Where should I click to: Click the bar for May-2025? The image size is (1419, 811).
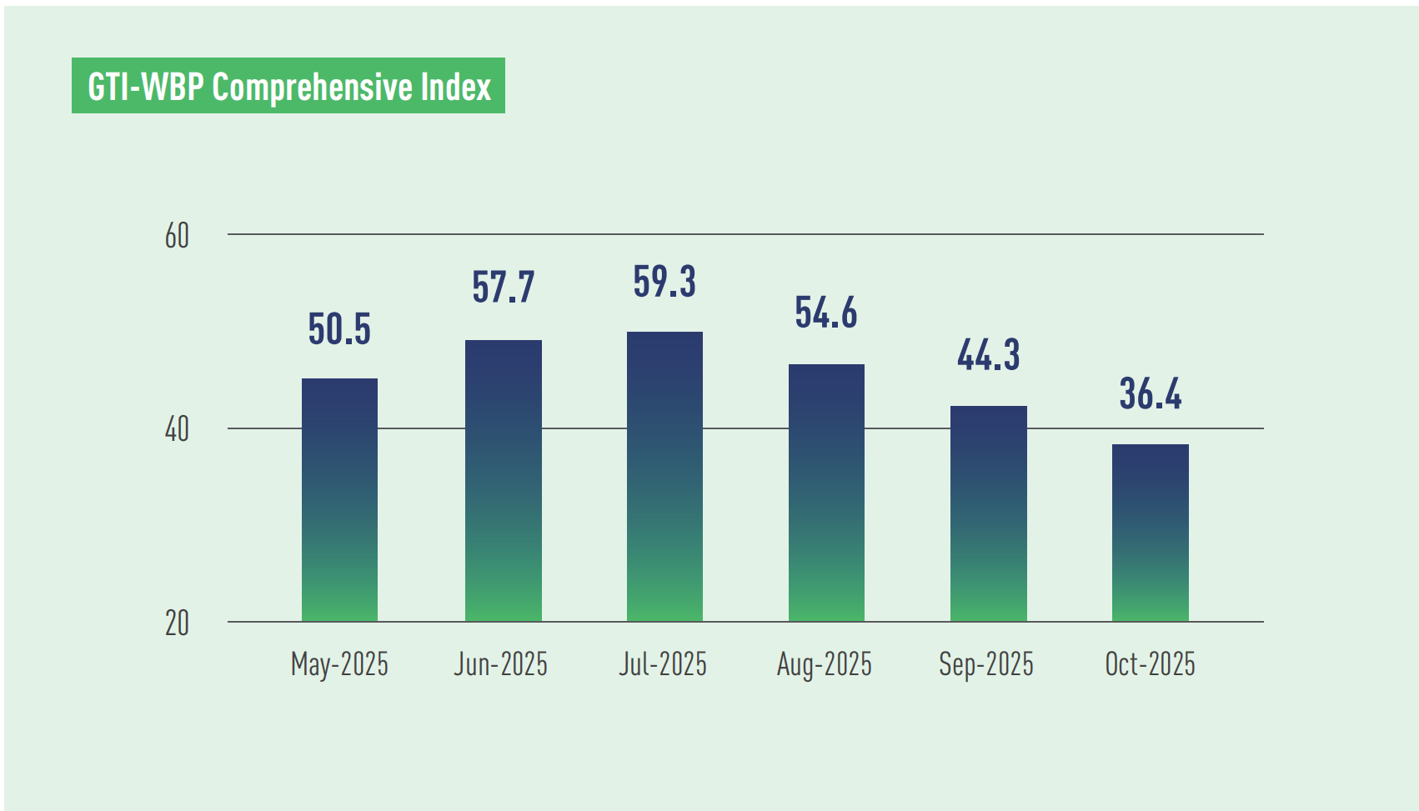339,500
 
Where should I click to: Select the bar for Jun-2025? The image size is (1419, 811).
503,481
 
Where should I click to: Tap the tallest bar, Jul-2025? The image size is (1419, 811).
664,477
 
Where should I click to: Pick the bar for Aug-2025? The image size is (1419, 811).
826,493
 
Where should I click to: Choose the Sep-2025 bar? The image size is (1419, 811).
988,513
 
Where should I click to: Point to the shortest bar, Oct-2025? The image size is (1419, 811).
1150,533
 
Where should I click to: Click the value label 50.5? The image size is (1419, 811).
339,329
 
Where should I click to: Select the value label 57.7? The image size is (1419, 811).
503,288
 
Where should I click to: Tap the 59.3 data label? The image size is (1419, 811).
664,282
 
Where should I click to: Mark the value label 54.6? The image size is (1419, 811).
826,313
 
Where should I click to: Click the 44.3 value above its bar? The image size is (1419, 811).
988,355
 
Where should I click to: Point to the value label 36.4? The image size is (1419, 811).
1150,394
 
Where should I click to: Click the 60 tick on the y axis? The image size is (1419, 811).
177,236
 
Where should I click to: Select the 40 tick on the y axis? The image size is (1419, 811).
177,430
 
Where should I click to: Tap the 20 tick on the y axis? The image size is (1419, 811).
177,623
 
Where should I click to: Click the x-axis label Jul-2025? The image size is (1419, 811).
663,664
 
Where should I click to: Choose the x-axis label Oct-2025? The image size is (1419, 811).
1150,664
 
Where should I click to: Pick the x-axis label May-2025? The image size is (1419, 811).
339,665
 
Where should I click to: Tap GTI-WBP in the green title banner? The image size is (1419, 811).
146,87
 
